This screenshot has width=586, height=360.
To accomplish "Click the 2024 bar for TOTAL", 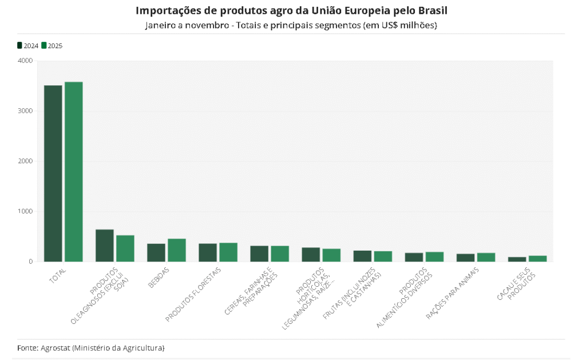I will [53, 173].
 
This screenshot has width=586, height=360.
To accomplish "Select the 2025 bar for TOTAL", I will [74, 172].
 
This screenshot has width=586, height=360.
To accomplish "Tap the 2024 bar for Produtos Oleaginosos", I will [105, 246].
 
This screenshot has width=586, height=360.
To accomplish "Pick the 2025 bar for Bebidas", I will [177, 250].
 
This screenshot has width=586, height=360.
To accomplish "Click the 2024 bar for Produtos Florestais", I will [208, 252].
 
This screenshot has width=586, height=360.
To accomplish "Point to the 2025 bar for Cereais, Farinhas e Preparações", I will [280, 254].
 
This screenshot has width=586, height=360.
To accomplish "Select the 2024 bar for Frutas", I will [362, 256].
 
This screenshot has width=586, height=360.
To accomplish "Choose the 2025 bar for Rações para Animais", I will [486, 257].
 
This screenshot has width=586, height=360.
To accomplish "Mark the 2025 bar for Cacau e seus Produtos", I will [537, 259].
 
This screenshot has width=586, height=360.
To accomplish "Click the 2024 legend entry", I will [28, 46].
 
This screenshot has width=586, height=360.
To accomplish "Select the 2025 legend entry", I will [52, 46].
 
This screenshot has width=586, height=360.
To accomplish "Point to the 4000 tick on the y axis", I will [25, 60].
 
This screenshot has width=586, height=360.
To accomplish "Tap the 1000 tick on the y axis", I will [25, 211].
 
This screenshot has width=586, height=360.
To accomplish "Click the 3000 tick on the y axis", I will [25, 110].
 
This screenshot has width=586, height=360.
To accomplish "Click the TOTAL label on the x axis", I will [58, 274].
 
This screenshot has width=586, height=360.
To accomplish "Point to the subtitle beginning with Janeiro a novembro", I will [291, 26].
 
